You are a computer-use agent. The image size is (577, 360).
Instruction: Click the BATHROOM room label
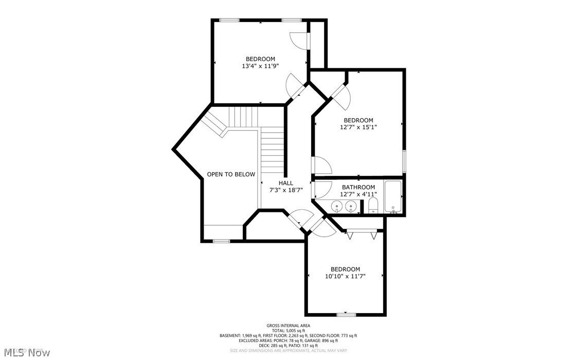pos(358,187)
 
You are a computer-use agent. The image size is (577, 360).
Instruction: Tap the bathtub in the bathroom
pos(394,197)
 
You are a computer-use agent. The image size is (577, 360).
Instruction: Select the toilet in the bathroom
pos(373,206)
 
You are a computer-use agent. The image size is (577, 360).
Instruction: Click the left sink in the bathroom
pos(337,207)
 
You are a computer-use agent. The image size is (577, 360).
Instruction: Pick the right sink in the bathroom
pos(351,207)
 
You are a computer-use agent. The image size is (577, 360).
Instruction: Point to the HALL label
pos(286,183)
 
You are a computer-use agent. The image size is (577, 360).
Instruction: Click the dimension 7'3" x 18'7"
pos(286,190)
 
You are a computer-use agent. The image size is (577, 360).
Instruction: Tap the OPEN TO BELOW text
pos(231,174)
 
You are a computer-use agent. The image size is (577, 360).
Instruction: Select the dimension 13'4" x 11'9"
pos(260,66)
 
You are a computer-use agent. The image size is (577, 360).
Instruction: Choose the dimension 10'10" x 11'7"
pos(345,276)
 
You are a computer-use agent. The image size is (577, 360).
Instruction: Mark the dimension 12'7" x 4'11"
pos(358,194)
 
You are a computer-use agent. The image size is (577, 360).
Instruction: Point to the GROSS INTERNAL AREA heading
pos(288,325)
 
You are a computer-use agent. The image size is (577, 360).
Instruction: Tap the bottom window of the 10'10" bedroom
pos(346,314)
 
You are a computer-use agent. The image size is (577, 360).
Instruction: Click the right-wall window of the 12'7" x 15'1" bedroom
pos(404,161)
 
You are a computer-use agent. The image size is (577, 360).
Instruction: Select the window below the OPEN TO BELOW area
pos(222,241)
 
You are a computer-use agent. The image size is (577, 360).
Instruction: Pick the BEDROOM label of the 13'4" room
pos(260,59)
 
